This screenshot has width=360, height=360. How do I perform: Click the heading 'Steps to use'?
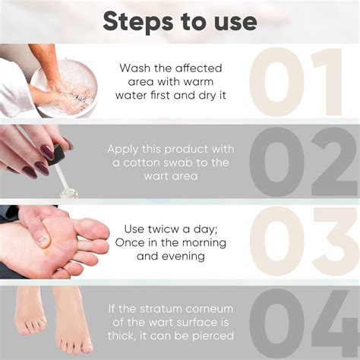click(180, 21)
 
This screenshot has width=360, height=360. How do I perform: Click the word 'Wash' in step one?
click(134, 68)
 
